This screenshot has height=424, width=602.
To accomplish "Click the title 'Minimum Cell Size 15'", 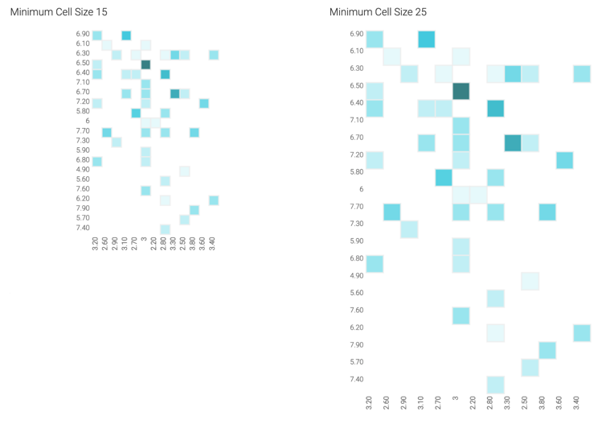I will coord(59,12).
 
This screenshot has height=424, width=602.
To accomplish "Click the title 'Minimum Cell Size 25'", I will coord(379,12).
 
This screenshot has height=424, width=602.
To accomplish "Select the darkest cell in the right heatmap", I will coord(461,91).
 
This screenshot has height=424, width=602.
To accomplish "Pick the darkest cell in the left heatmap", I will coord(145,64).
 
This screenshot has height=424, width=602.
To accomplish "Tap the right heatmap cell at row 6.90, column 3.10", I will coord(426,39).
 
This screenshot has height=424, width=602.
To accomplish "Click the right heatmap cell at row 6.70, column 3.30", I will coord(512,142).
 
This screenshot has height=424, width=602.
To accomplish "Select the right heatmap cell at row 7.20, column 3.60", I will coord(564,160).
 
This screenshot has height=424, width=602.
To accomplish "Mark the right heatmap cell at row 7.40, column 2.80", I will coord(495,385).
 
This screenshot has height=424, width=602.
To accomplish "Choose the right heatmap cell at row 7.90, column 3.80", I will coord(547,350).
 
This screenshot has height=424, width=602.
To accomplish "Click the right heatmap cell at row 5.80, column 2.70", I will coord(443,177).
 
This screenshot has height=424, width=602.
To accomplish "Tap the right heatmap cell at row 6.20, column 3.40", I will coord(582,332).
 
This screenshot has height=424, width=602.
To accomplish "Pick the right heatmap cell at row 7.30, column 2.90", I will coord(409,229).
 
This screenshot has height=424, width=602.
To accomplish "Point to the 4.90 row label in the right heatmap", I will coord(357,275).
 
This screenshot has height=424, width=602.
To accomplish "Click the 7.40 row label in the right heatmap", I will coord(357,379).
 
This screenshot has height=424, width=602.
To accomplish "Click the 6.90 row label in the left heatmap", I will coord(84,34).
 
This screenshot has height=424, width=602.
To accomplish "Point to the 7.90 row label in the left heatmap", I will coord(84,208).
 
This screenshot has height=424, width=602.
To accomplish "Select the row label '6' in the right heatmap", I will coord(361,189).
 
